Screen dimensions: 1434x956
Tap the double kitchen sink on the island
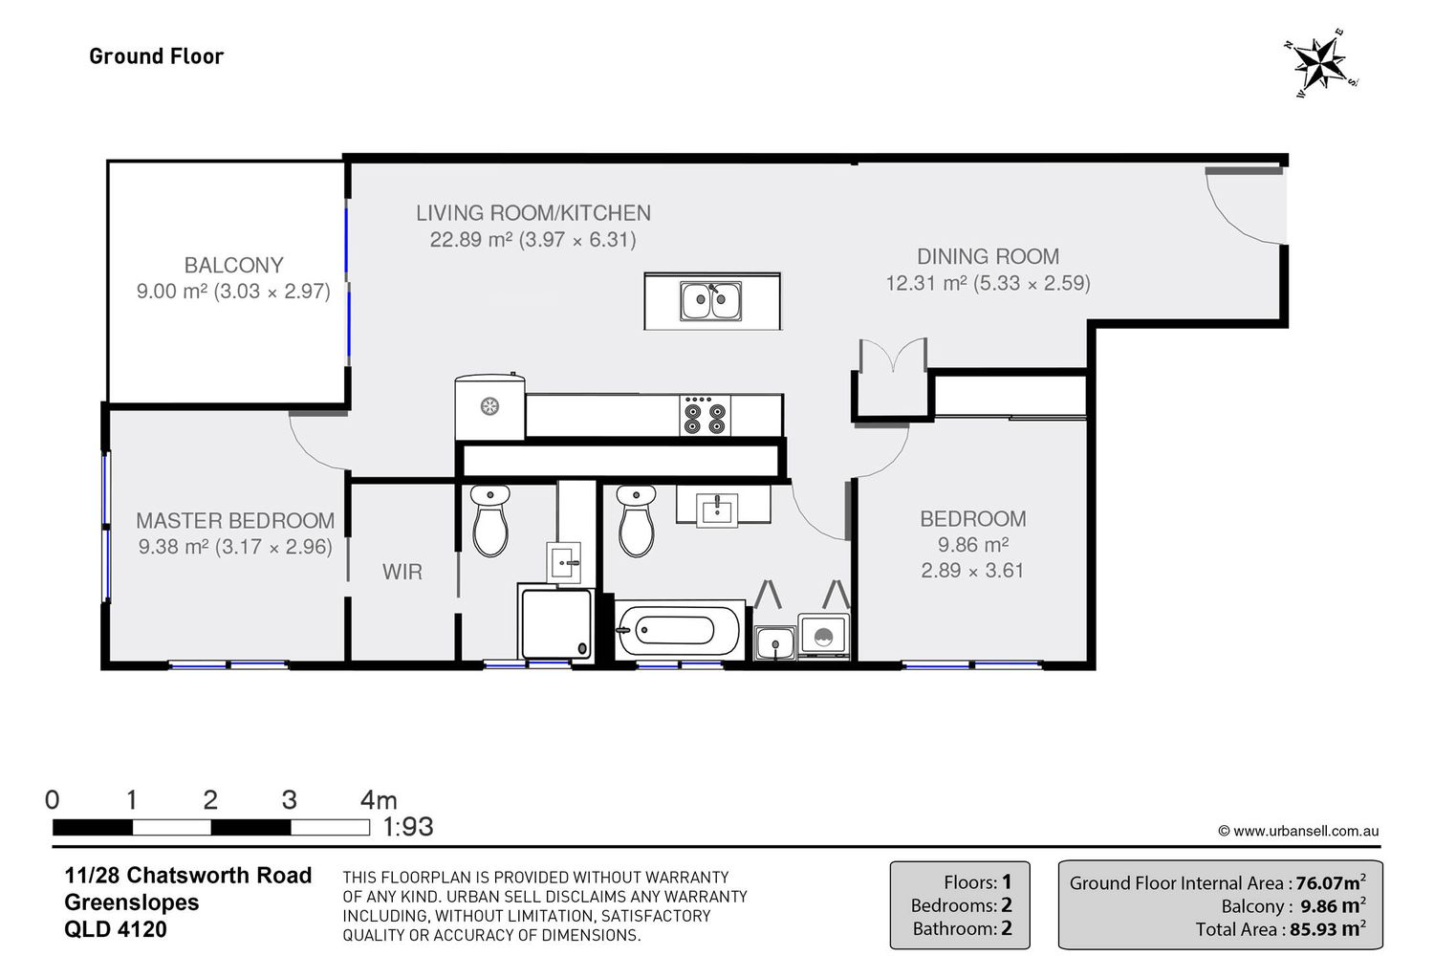pyautogui.click(x=710, y=301)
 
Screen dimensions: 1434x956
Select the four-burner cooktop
pyautogui.click(x=705, y=415)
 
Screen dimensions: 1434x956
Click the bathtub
pyautogui.click(x=680, y=630)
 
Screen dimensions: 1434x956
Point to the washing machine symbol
pyautogui.click(x=823, y=636)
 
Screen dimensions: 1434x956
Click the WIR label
pyautogui.click(x=402, y=571)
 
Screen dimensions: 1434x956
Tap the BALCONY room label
pyautogui.click(x=233, y=265)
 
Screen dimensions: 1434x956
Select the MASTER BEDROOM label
pyautogui.click(x=235, y=521)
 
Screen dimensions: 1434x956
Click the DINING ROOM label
pyautogui.click(x=988, y=256)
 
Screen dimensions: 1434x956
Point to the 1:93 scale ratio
pyautogui.click(x=408, y=827)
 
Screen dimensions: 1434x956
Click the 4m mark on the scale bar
pyautogui.click(x=379, y=800)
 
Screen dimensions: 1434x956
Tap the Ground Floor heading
pyautogui.click(x=156, y=56)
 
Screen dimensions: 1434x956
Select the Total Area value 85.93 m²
pyautogui.click(x=1328, y=928)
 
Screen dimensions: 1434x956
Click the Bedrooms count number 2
pyautogui.click(x=1007, y=904)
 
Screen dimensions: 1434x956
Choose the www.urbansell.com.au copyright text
pyautogui.click(x=1298, y=831)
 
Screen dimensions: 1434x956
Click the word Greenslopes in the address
pyautogui.click(x=132, y=902)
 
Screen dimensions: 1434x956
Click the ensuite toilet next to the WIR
pyautogui.click(x=490, y=520)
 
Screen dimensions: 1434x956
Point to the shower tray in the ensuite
pyautogui.click(x=556, y=623)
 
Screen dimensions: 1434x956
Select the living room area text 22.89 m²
pyautogui.click(x=470, y=240)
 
